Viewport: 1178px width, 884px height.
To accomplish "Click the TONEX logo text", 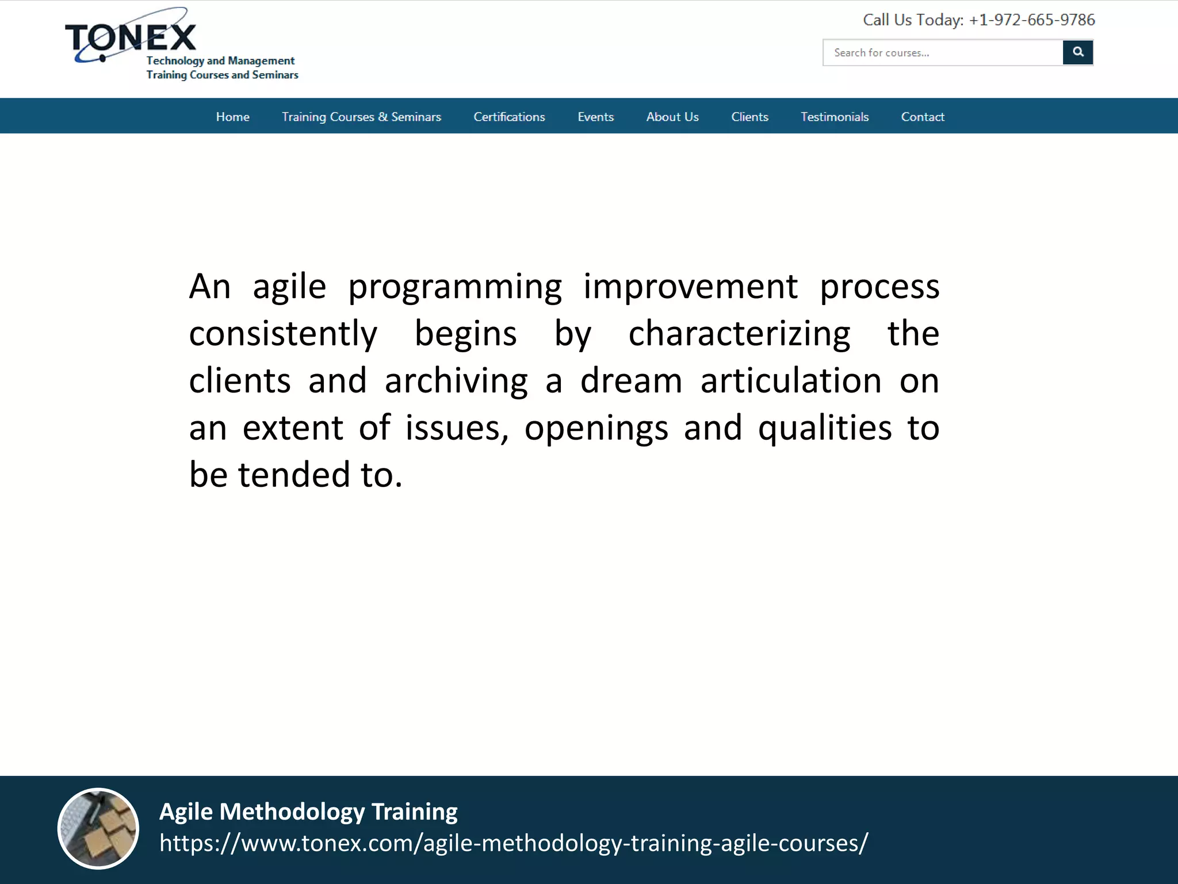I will click(131, 38).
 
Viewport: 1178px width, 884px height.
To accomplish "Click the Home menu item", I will click(232, 117).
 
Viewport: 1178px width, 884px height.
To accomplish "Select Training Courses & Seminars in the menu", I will click(361, 117).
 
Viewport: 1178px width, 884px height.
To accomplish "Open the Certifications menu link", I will click(509, 117).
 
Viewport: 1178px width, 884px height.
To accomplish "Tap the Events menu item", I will click(595, 117).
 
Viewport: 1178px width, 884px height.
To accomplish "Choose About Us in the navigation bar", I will click(672, 117).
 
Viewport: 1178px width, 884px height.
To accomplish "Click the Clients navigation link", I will click(749, 117).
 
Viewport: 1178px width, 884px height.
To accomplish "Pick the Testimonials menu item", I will click(834, 117).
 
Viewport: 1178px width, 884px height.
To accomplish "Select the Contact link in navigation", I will click(922, 117).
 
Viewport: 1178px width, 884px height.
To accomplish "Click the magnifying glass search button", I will click(1077, 52).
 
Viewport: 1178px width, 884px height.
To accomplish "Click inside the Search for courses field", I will click(942, 53).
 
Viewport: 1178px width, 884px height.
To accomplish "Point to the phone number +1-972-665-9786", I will click(1031, 20).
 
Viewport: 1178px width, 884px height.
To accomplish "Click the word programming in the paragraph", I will click(454, 287).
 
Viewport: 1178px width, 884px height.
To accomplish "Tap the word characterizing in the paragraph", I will click(739, 334).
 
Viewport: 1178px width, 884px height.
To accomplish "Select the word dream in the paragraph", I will click(630, 381).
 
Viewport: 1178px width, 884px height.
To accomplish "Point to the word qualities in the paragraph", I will click(824, 428).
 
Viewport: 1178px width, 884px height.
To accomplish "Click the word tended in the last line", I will click(294, 475).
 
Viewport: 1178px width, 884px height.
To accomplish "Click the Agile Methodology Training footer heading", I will click(308, 811).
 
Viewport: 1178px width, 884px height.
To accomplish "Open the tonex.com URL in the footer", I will click(513, 843).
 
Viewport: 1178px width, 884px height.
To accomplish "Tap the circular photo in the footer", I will click(98, 828).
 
